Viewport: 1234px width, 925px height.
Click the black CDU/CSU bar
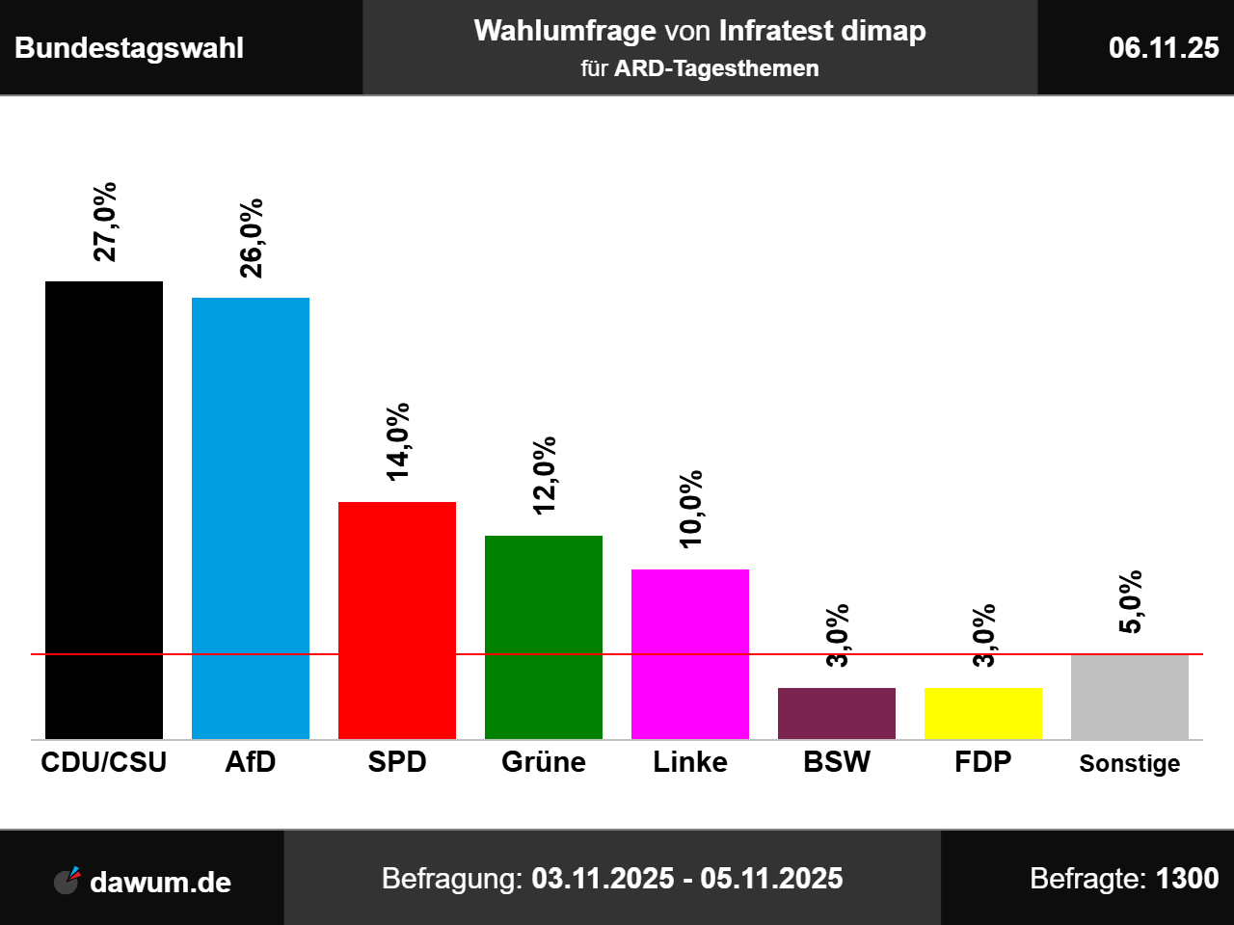point(104,510)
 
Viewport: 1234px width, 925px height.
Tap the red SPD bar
point(397,621)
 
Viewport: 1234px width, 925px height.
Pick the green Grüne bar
point(544,637)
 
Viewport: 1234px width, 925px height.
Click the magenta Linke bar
point(690,654)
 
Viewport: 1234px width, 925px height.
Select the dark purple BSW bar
point(837,713)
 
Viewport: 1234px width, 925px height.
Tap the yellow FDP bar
point(983,713)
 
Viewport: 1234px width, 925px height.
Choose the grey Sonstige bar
point(1130,697)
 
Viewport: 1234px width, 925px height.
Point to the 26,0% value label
point(251,238)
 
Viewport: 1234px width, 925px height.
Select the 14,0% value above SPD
point(397,441)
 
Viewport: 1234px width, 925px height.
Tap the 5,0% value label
point(1130,602)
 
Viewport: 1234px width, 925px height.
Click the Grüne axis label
point(544,762)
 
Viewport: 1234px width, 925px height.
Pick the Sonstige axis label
point(1130,763)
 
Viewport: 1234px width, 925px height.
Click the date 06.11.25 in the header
point(1164,47)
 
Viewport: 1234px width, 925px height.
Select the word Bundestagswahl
point(129,48)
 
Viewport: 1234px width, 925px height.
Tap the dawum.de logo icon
point(67,880)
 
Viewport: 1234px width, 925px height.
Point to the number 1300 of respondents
point(1187,878)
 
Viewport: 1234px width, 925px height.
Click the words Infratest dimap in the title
point(822,31)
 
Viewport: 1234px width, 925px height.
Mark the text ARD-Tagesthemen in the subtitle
point(716,68)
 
